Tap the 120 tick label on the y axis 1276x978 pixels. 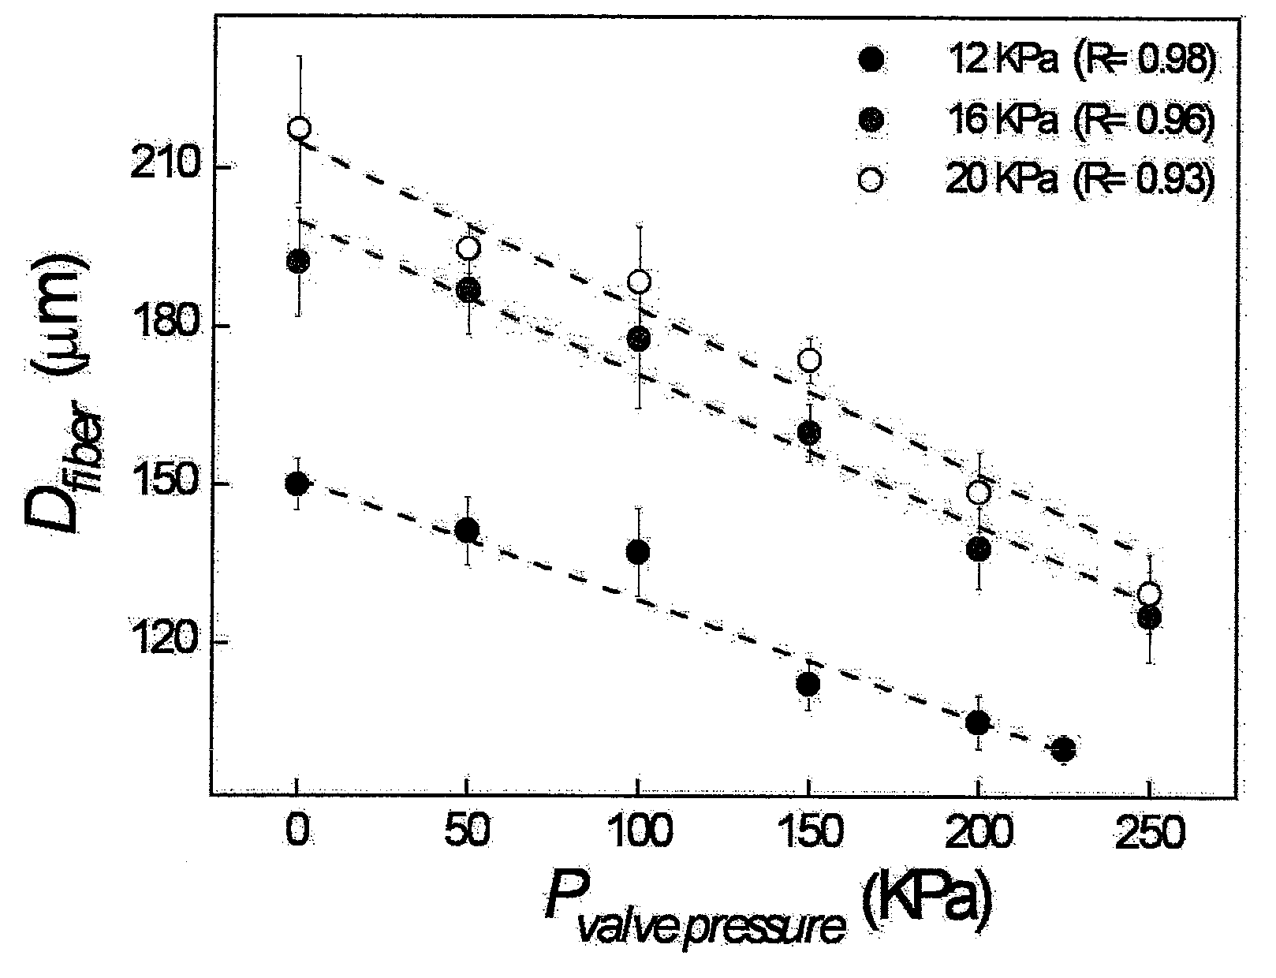click(x=162, y=641)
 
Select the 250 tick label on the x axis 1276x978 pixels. click(x=1150, y=832)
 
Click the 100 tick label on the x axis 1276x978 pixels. click(x=638, y=832)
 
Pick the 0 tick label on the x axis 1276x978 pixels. click(x=298, y=832)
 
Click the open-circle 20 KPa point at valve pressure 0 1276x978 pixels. click(x=300, y=128)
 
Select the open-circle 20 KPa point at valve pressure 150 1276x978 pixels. click(x=809, y=360)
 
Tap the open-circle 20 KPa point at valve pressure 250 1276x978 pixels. click(x=1149, y=595)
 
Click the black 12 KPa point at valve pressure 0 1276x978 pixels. click(x=297, y=484)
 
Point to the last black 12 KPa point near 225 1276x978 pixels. click(x=1063, y=749)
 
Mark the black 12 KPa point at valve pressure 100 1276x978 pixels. click(x=638, y=552)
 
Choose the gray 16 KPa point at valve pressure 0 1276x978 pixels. click(x=298, y=261)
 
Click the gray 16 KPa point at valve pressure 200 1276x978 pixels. click(x=978, y=549)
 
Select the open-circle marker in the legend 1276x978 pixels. click(x=870, y=178)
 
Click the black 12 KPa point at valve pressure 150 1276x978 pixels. click(x=808, y=683)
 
